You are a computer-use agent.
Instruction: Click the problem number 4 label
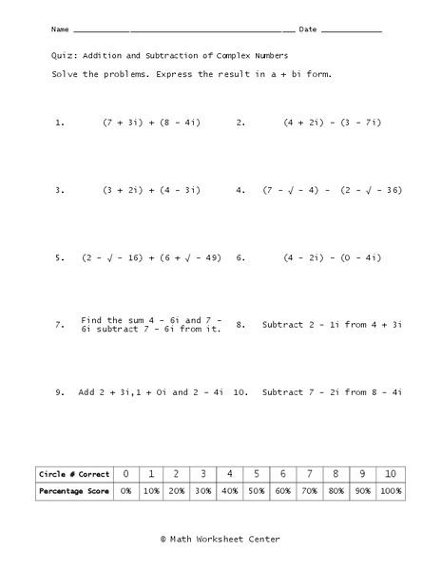click(241, 190)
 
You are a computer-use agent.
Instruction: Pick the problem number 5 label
click(60, 257)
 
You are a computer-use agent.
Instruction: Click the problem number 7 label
click(60, 325)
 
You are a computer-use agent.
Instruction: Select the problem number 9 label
click(60, 392)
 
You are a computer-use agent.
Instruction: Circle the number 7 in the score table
click(308, 473)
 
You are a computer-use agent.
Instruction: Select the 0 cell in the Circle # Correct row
click(125, 473)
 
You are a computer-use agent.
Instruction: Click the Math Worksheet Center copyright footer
click(220, 539)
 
